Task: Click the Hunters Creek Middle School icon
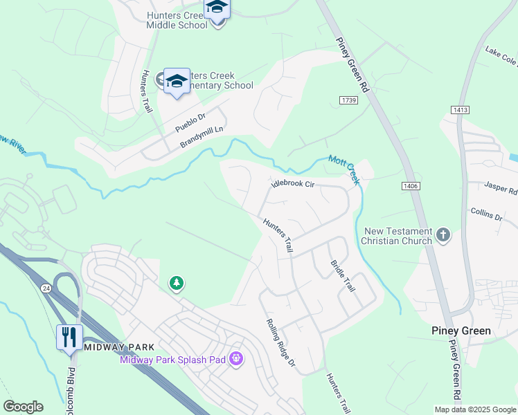coord(217,9)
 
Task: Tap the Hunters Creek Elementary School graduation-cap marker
coord(177,82)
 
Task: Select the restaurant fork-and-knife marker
coord(69,338)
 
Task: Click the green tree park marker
coord(177,283)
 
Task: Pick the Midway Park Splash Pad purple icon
coord(236,359)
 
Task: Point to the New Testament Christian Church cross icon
coord(444,237)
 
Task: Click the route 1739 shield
coord(348,101)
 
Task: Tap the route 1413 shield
coord(459,110)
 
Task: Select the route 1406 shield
coord(410,185)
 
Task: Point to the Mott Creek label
coord(344,169)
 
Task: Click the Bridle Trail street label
coord(343,275)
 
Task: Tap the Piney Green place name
coord(461,331)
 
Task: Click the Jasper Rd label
coord(501,188)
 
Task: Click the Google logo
coord(23,407)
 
